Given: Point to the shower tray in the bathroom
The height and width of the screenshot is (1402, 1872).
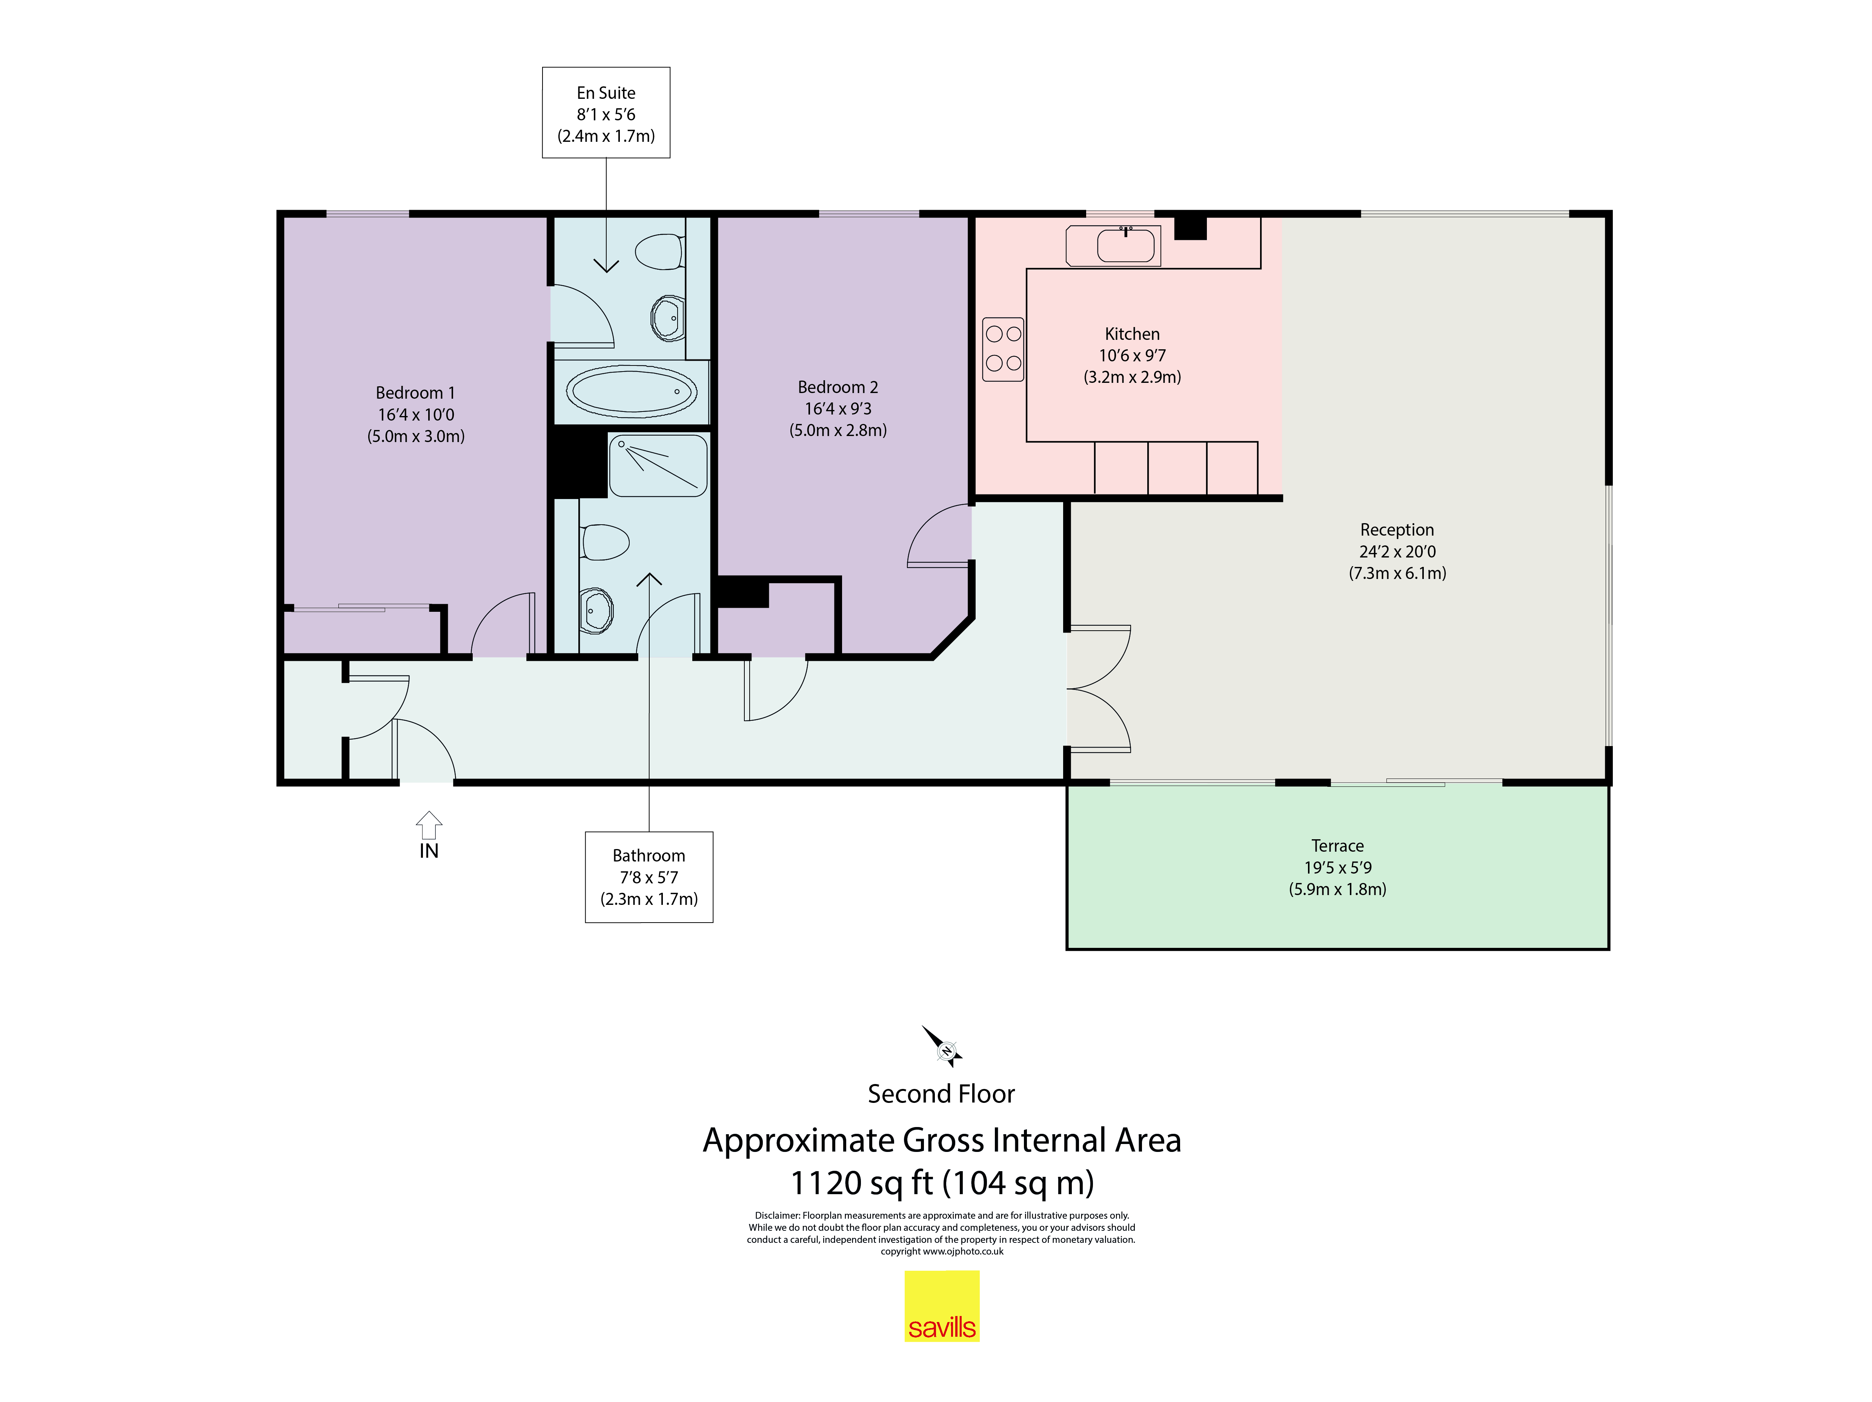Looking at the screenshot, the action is click(658, 465).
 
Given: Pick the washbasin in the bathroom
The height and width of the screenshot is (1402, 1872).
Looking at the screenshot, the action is click(596, 609).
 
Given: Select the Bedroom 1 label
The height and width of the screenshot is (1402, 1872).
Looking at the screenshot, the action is click(415, 393).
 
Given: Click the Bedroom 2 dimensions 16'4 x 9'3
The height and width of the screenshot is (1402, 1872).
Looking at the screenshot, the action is click(838, 408).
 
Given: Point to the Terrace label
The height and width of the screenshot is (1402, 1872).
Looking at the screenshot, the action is click(1337, 845).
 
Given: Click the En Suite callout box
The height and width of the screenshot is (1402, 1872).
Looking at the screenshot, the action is click(606, 112).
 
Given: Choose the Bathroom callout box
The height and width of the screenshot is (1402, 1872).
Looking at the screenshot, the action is click(649, 877).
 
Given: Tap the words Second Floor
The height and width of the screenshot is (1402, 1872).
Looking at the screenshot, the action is click(941, 1094).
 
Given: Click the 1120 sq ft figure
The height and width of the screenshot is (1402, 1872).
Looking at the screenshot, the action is click(861, 1183).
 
